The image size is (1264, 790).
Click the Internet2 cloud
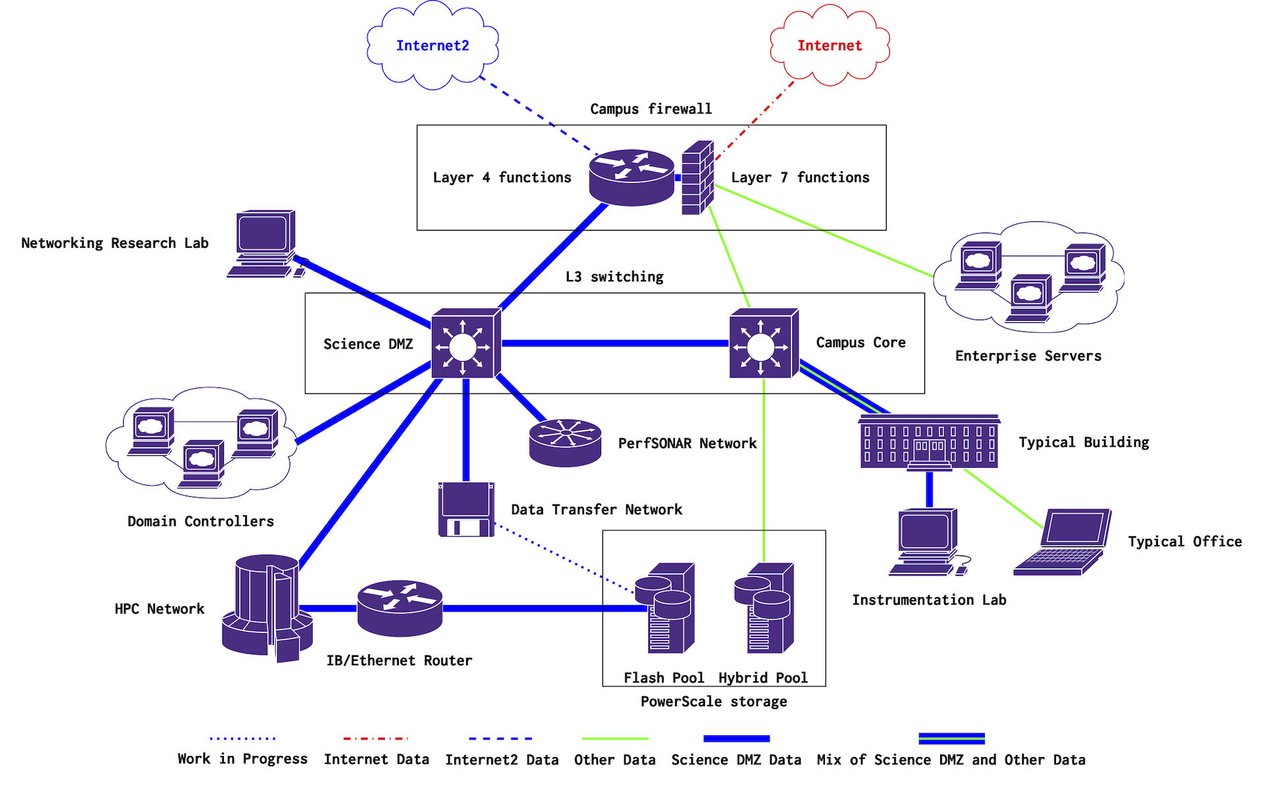433,45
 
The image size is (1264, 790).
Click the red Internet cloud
829,45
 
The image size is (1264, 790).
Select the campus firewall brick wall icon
697,178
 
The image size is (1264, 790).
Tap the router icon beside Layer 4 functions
631,177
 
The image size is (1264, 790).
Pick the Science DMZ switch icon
465,343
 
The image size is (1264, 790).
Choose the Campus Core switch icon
763,343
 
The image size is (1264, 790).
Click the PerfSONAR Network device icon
565,443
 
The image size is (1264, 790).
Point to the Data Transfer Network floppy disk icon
466,509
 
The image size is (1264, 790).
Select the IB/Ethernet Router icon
400,607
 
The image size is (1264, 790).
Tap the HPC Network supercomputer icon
267,607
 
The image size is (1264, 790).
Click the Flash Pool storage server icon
665,607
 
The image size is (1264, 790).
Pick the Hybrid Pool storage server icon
764,607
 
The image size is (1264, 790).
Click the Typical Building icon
929,442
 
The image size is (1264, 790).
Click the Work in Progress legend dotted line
242,739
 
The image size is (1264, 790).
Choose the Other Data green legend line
615,739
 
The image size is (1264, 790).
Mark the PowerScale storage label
714,702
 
